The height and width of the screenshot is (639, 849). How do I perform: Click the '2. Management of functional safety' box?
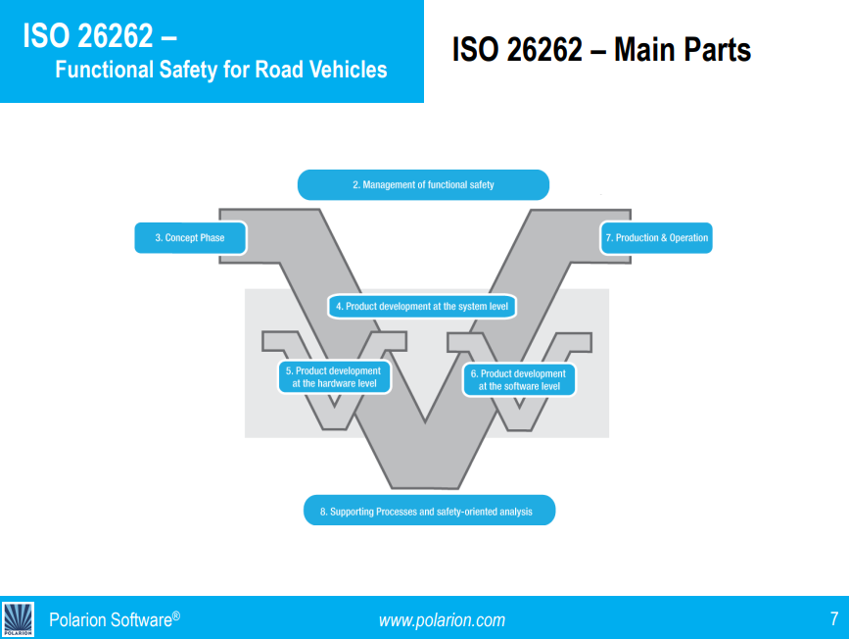pyautogui.click(x=423, y=184)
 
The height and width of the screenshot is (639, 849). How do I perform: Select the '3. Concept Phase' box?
pyautogui.click(x=190, y=238)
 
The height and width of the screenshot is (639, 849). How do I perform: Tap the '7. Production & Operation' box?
pyautogui.click(x=655, y=238)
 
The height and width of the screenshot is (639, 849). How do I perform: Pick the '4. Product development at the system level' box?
pyautogui.click(x=422, y=306)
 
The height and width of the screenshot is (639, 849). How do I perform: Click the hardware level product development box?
pyautogui.click(x=334, y=377)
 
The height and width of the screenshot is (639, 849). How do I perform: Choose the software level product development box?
pyautogui.click(x=519, y=380)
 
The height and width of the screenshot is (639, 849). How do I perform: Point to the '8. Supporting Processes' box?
pyautogui.click(x=429, y=511)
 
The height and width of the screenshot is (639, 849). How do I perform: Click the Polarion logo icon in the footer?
pyautogui.click(x=18, y=618)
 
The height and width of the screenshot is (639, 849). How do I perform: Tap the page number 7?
pyautogui.click(x=833, y=618)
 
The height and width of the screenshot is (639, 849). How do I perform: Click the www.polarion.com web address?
pyautogui.click(x=442, y=619)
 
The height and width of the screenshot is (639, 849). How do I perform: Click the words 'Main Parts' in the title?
pyautogui.click(x=683, y=50)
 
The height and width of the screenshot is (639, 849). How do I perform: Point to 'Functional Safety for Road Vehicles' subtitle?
pyautogui.click(x=220, y=71)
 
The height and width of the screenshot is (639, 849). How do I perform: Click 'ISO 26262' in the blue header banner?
pyautogui.click(x=88, y=36)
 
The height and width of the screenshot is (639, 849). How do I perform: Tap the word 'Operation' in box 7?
pyautogui.click(x=688, y=238)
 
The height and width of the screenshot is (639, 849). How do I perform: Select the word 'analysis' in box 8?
pyautogui.click(x=514, y=512)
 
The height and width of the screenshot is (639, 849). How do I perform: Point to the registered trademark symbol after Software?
pyautogui.click(x=176, y=614)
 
